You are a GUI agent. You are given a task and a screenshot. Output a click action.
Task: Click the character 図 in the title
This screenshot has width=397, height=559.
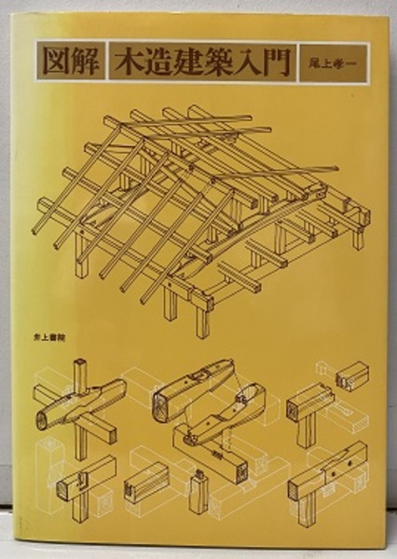(56, 62)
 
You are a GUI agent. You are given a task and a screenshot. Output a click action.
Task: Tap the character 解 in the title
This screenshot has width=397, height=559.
(85, 62)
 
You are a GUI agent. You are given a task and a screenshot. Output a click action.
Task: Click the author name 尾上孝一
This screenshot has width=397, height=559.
(333, 63)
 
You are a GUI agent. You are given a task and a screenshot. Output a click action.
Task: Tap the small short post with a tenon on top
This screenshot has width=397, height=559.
(199, 493)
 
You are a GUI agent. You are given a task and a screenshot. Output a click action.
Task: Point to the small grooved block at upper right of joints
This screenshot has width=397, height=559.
(352, 375)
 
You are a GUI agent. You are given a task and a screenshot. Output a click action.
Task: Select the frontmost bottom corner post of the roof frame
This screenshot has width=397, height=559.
(202, 319)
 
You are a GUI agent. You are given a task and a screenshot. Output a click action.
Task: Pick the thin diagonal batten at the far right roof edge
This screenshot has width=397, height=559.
(277, 175)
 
